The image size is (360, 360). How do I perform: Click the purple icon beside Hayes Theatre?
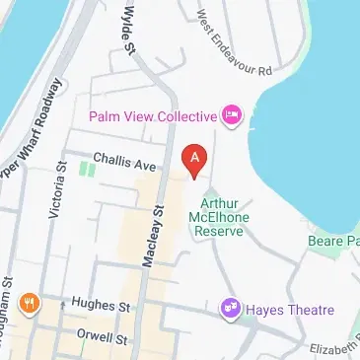[x=231, y=309]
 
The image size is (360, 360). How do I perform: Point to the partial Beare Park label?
[x=339, y=241]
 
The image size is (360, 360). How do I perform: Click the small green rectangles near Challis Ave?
[x=88, y=170]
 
